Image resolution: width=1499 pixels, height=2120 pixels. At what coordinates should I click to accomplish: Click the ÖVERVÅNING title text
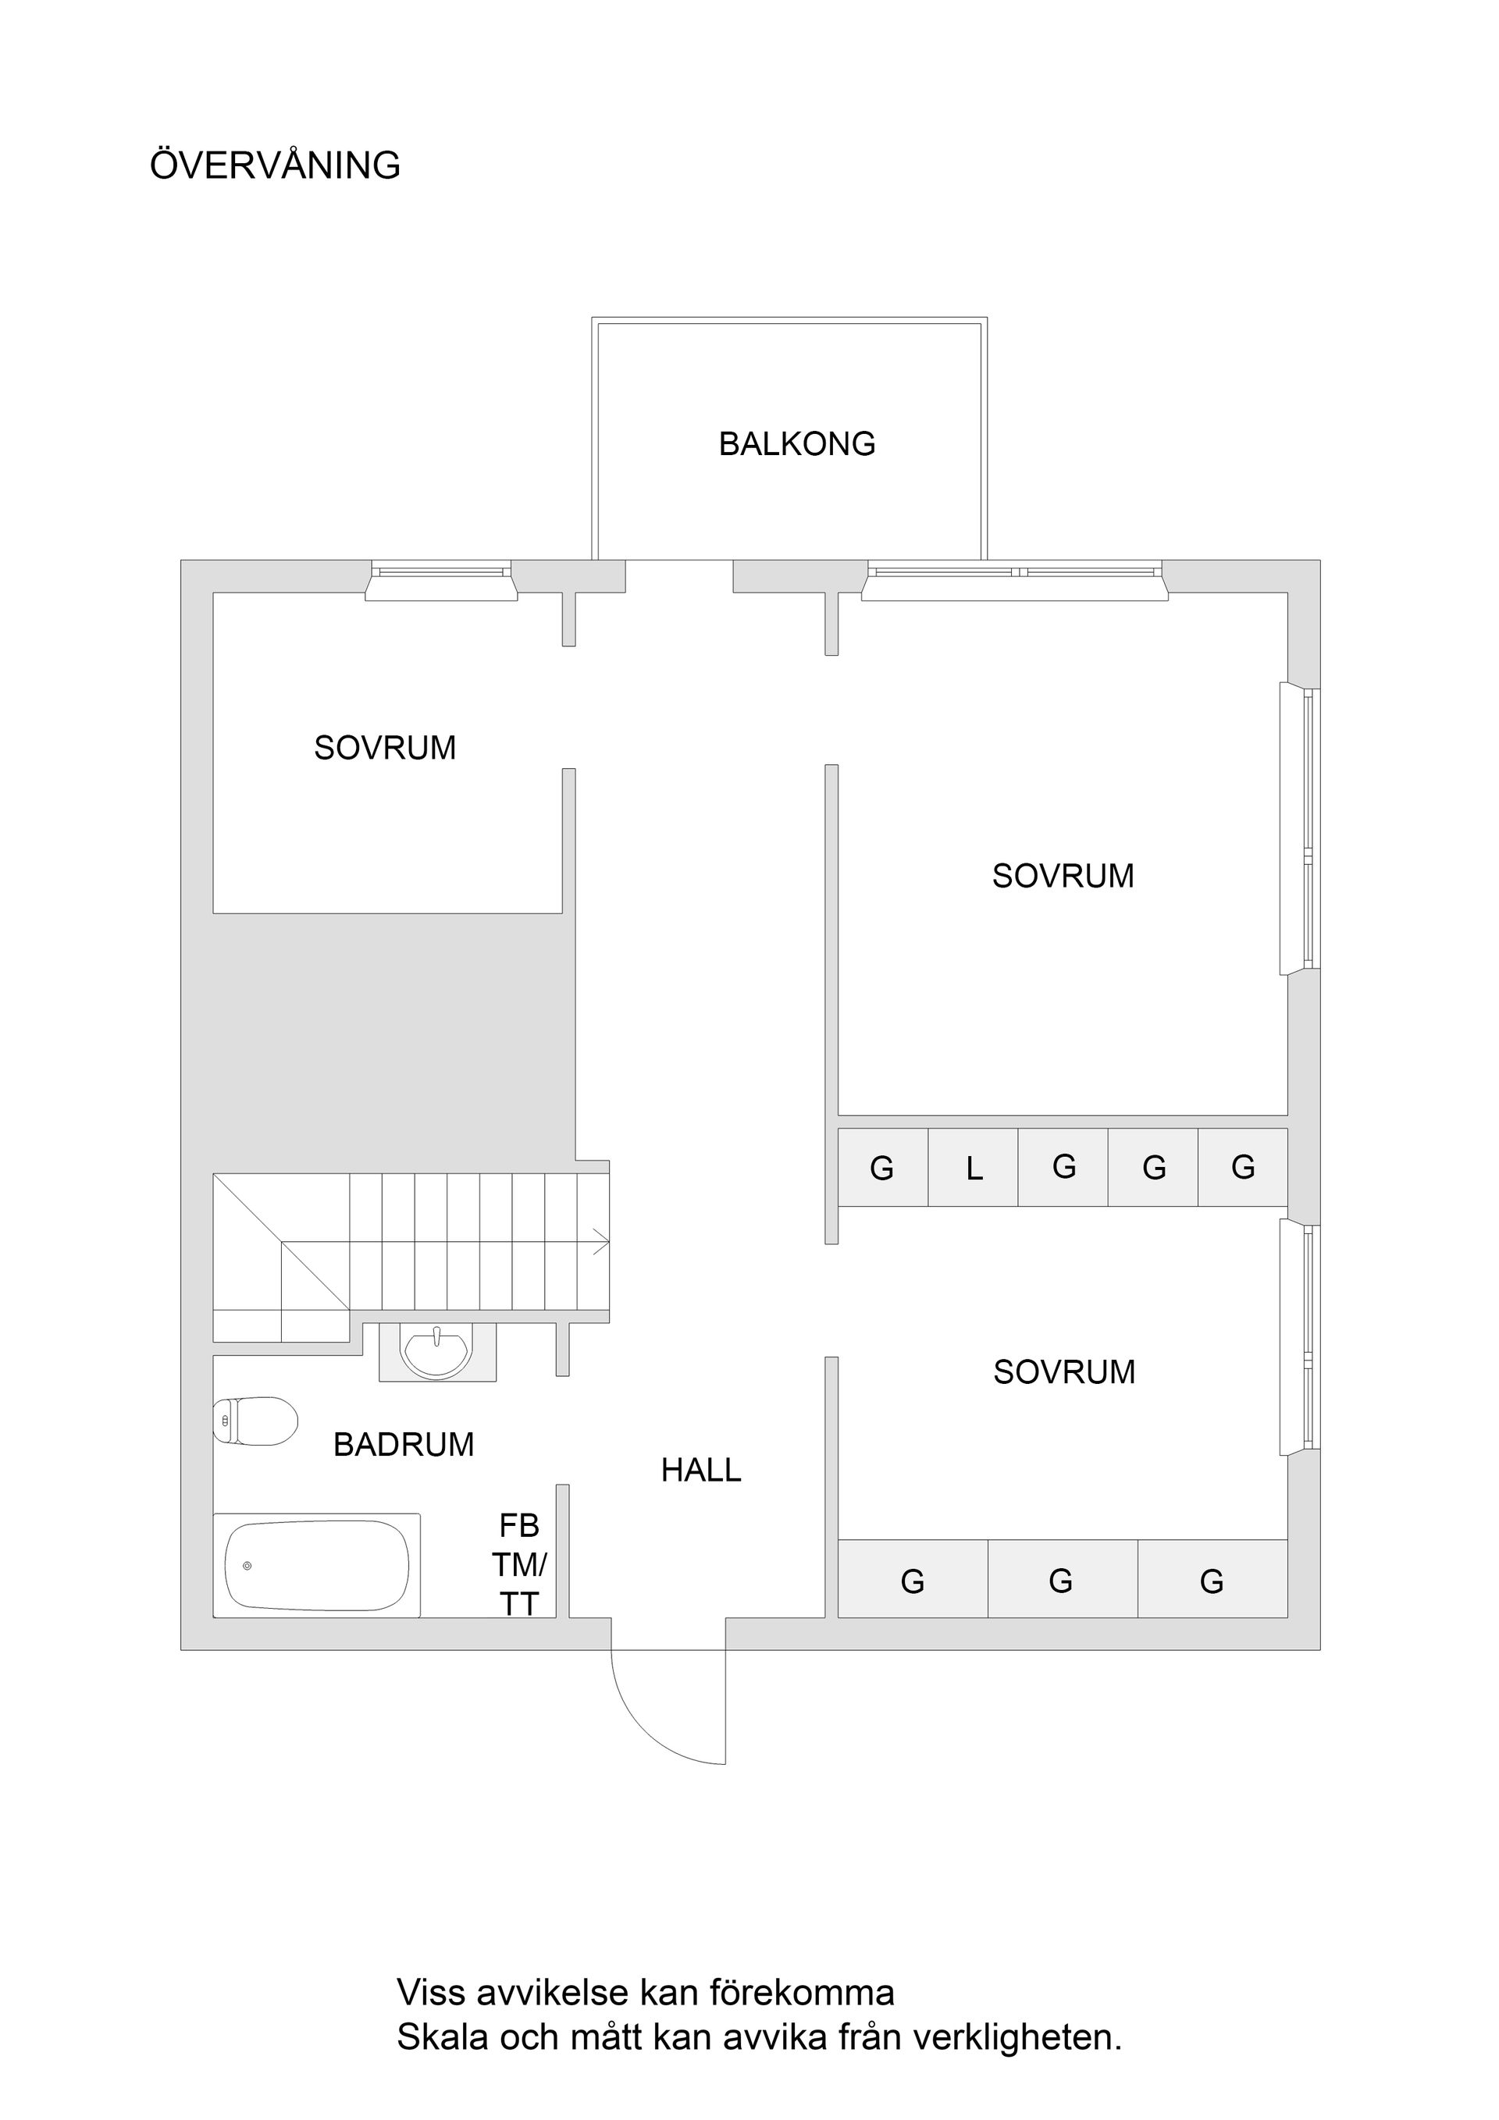(x=276, y=165)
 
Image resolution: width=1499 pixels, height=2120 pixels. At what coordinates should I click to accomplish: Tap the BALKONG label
(x=796, y=444)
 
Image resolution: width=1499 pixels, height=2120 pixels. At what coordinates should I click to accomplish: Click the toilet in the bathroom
(x=256, y=1420)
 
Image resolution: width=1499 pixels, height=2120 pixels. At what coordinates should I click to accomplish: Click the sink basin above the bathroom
(x=437, y=1353)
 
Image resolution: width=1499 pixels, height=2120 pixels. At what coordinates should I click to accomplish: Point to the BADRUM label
(x=404, y=1444)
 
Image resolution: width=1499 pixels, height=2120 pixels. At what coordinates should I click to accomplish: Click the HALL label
(x=701, y=1470)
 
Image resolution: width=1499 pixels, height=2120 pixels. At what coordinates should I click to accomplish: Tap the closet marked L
(x=974, y=1168)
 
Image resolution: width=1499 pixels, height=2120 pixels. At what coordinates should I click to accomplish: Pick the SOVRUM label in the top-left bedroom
(x=385, y=748)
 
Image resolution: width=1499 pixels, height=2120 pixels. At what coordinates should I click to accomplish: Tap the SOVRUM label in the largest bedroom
(x=1063, y=875)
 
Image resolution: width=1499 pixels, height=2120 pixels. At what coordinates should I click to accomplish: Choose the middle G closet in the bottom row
(x=1062, y=1581)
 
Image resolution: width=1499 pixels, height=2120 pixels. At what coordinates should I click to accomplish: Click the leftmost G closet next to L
(x=882, y=1168)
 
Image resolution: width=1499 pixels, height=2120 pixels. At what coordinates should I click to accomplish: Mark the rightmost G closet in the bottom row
(x=1212, y=1581)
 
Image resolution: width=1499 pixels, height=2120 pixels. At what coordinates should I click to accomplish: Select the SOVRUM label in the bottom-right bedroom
(x=1064, y=1372)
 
